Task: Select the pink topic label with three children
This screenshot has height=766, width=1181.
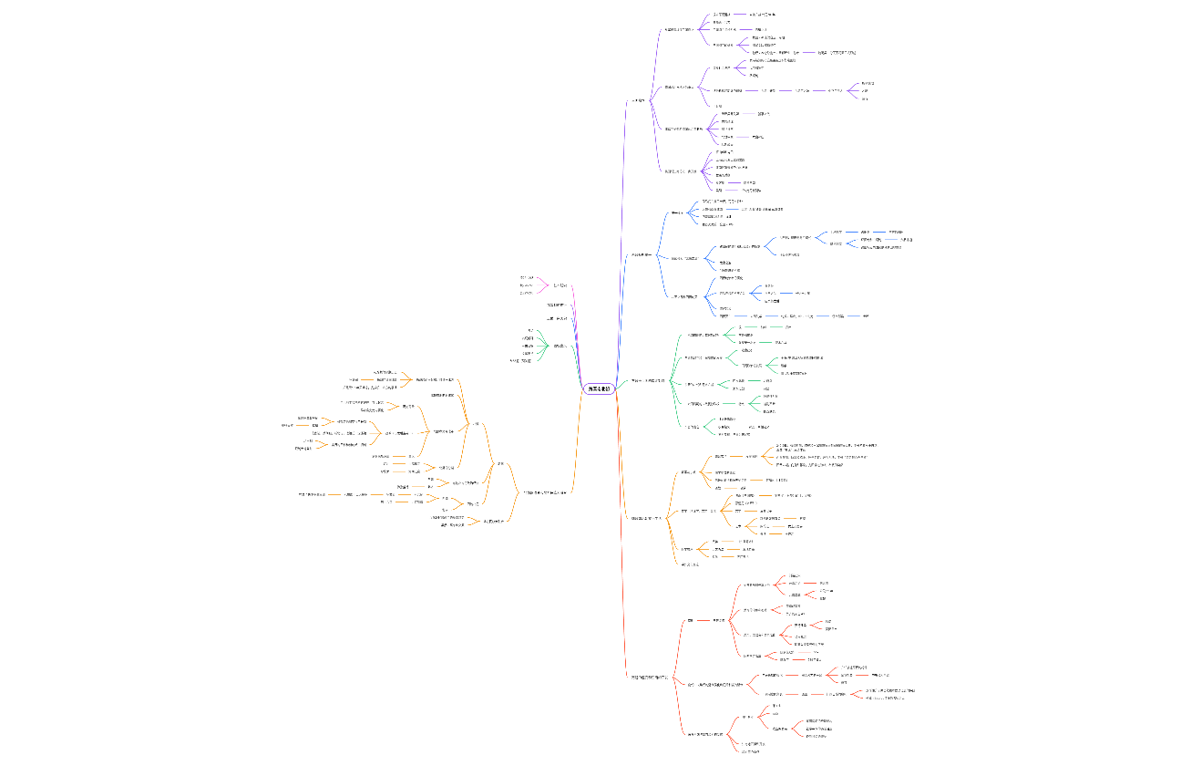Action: pos(561,285)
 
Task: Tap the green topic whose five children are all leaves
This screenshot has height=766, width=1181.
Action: pos(558,346)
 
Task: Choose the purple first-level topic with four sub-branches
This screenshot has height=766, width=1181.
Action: pos(638,100)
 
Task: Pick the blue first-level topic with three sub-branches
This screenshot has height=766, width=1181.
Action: pos(642,255)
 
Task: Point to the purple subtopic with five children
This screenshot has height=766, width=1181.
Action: pos(683,129)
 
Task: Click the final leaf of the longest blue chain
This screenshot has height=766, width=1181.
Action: pos(866,316)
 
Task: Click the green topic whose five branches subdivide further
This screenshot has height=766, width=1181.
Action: pos(654,380)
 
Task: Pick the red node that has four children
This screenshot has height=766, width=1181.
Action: pos(718,620)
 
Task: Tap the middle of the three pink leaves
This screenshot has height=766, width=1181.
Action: pos(526,285)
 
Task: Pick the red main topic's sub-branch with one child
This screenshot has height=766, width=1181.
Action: pos(691,620)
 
